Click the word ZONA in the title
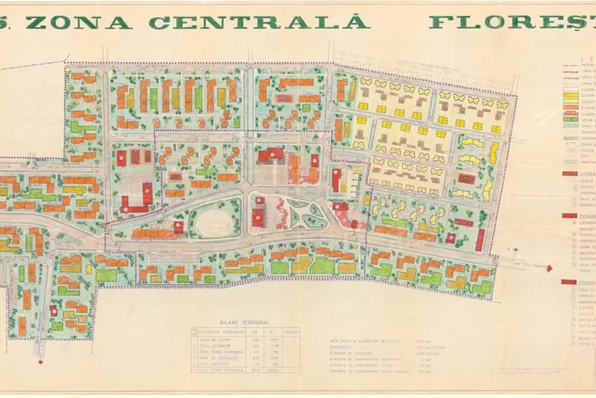coord(83,21)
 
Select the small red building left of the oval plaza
coord(179,226)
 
